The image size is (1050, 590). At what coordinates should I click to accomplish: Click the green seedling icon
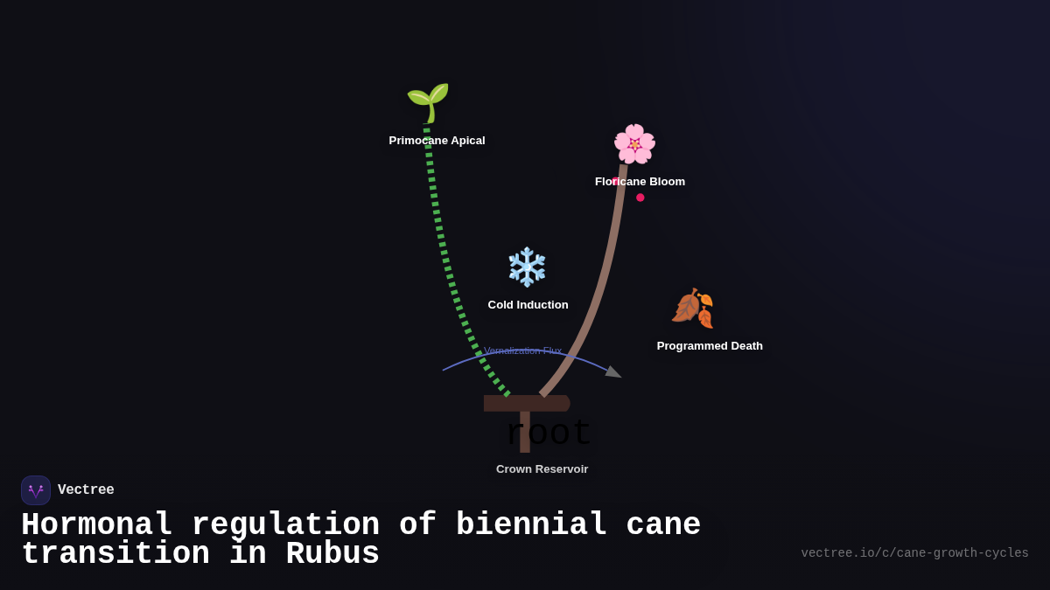428,102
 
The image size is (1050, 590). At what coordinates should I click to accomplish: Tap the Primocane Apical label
437,141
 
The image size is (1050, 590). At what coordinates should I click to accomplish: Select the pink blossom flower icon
634,144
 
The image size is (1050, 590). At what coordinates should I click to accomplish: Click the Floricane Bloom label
640,182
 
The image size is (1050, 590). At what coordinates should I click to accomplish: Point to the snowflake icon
527,267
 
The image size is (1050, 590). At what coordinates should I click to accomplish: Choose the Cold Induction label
528,305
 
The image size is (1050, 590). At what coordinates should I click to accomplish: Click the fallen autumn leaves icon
692,308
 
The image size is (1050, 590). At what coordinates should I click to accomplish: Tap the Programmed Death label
710,346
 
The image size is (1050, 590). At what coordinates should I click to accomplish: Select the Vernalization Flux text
523,351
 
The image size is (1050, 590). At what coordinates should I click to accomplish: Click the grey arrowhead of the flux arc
613,372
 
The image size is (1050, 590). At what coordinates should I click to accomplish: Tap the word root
549,434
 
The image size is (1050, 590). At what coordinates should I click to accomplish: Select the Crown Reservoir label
542,469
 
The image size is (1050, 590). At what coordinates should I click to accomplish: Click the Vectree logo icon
36,490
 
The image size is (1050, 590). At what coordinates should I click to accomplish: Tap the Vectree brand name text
86,490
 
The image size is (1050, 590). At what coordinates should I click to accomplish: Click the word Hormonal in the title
96,525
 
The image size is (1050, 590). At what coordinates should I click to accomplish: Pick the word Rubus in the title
332,554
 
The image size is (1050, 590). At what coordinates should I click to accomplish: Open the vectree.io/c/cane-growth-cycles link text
914,553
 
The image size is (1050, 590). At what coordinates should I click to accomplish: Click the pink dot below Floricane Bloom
640,198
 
